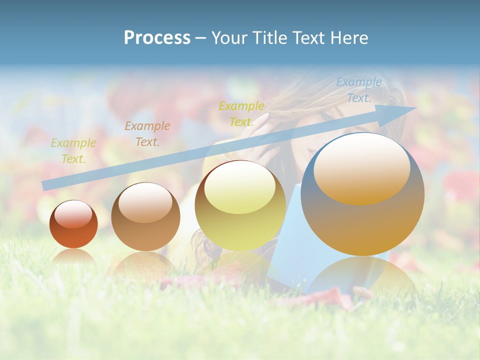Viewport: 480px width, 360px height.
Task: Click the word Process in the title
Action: [x=157, y=38]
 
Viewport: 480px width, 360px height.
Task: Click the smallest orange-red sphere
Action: [x=73, y=224]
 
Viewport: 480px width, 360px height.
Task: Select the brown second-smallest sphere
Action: [x=145, y=217]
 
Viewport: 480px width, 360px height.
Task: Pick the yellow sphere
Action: [x=240, y=206]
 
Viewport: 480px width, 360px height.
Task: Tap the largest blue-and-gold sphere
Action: [x=362, y=194]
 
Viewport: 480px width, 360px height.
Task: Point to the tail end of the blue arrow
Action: [x=45, y=185]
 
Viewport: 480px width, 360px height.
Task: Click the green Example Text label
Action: [x=73, y=150]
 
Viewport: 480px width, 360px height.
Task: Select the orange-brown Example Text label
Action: [x=147, y=133]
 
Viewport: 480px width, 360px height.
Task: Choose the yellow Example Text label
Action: [x=241, y=113]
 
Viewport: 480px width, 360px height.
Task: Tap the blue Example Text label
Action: [x=359, y=90]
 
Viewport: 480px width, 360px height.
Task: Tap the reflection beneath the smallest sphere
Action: [x=73, y=258]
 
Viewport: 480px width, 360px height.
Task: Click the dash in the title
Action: [x=201, y=38]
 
